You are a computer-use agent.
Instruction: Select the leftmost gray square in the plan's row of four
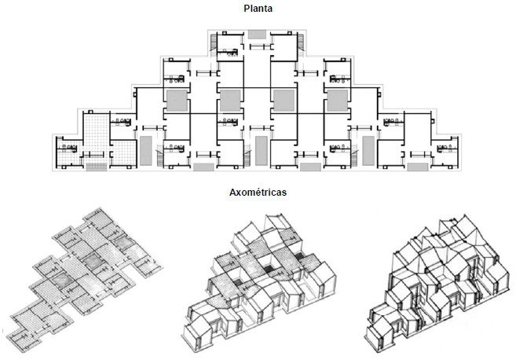176,100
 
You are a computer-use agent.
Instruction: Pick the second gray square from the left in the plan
229,100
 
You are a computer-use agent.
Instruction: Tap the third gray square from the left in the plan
283,100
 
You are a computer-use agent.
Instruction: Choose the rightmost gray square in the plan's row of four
337,100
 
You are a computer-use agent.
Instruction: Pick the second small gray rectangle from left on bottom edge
203,167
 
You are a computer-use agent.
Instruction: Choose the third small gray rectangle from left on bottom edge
311,167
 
